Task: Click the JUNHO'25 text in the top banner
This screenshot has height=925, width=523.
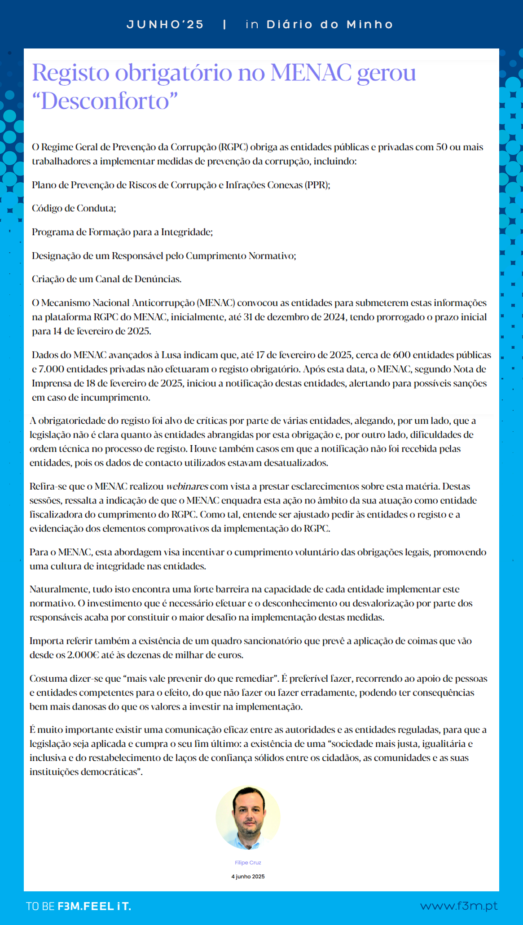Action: click(165, 25)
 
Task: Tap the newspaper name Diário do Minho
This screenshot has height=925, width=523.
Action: click(330, 25)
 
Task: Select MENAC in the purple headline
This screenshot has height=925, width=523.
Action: click(311, 73)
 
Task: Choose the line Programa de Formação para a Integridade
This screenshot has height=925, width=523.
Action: click(122, 232)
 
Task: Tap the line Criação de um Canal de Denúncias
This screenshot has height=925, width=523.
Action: click(106, 279)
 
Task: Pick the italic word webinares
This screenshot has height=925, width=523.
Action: click(187, 487)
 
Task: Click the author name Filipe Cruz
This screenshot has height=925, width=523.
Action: click(248, 863)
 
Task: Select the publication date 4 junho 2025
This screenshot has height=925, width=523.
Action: click(248, 877)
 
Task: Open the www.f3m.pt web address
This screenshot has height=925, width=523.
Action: click(458, 906)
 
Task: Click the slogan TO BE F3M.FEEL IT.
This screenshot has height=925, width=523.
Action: click(79, 906)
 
